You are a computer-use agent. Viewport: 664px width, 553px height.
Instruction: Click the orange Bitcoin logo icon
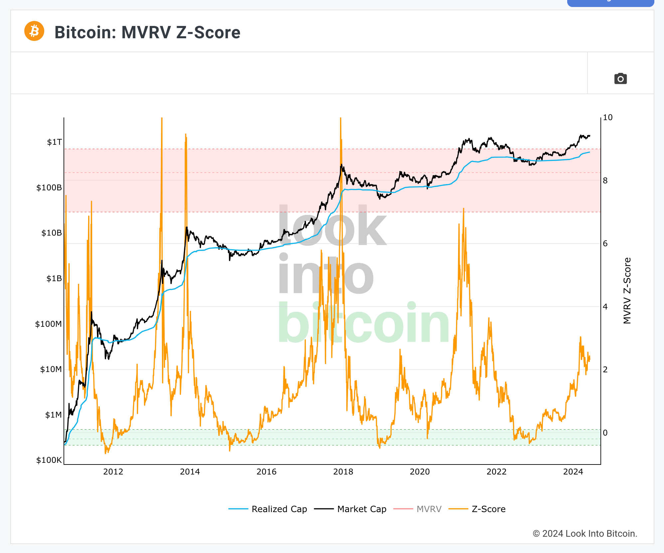pyautogui.click(x=34, y=31)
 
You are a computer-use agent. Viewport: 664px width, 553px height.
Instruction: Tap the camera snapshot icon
pyautogui.click(x=620, y=79)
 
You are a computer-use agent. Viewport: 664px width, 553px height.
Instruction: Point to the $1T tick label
pyautogui.click(x=54, y=142)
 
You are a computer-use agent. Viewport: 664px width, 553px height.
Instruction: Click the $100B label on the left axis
pyautogui.click(x=49, y=188)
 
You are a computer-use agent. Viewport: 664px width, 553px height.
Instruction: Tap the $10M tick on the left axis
pyautogui.click(x=51, y=369)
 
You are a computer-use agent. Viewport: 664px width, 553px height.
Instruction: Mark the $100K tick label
pyautogui.click(x=49, y=460)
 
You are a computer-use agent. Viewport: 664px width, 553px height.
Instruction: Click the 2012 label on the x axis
pyautogui.click(x=113, y=472)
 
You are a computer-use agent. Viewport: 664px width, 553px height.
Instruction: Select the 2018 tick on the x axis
pyautogui.click(x=343, y=472)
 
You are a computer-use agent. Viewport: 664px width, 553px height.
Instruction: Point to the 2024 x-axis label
pyautogui.click(x=573, y=472)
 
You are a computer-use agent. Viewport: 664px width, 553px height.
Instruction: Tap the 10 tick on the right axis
pyautogui.click(x=607, y=117)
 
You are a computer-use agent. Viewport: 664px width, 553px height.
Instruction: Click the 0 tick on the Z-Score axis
pyautogui.click(x=605, y=433)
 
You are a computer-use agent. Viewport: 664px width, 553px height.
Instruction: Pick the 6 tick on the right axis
pyautogui.click(x=605, y=244)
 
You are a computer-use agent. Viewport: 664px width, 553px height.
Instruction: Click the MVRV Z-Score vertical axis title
pyautogui.click(x=627, y=290)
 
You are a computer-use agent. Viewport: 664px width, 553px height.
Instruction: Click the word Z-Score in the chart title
pyautogui.click(x=208, y=33)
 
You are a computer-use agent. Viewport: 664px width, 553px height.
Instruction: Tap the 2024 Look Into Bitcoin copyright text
pyautogui.click(x=585, y=534)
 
